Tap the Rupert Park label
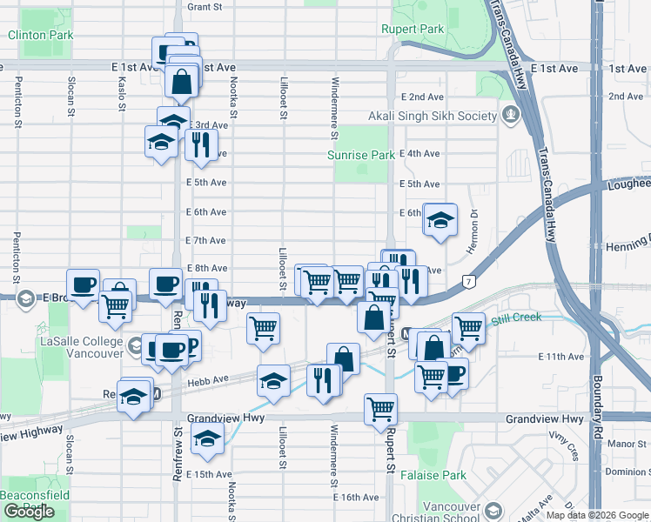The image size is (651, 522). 413,29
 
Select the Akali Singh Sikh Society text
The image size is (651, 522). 432,116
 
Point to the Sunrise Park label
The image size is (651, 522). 360,155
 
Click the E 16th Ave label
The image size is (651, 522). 357,498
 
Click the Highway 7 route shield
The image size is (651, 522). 468,282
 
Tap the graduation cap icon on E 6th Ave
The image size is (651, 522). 440,221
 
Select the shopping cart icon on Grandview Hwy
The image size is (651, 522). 381,408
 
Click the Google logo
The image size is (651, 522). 29,512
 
